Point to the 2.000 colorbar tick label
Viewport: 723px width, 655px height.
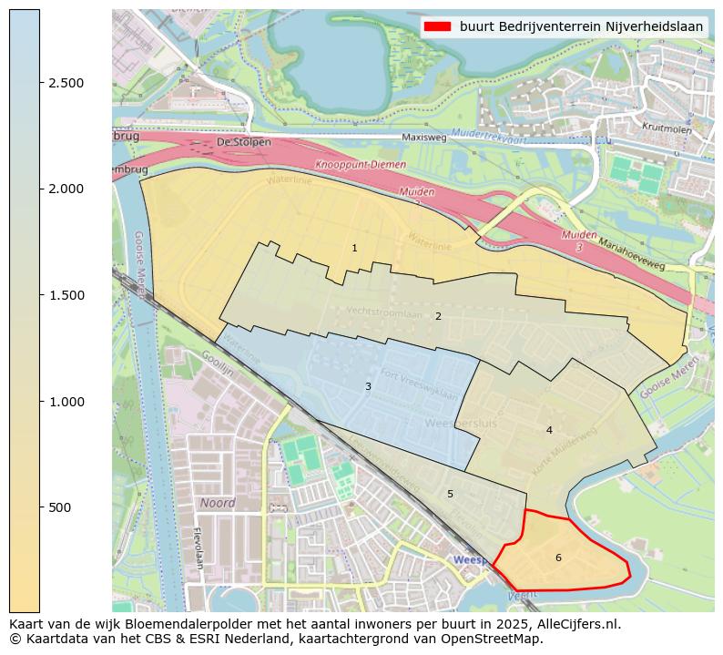(x=66, y=189)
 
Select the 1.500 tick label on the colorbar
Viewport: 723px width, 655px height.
(x=66, y=295)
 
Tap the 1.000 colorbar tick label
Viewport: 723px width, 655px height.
(x=66, y=402)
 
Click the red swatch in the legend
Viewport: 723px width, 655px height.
(x=438, y=26)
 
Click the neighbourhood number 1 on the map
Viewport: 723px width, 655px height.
(x=354, y=248)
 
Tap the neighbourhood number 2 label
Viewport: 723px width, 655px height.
(x=438, y=316)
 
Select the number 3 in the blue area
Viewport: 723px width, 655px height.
(x=368, y=386)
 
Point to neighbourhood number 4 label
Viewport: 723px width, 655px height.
(x=549, y=430)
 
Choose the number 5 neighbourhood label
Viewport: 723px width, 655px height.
(x=450, y=494)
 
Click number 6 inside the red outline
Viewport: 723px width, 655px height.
(x=558, y=558)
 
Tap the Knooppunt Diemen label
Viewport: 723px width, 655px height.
(x=351, y=166)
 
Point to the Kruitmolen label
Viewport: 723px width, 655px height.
(x=667, y=128)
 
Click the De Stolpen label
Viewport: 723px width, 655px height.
(x=245, y=142)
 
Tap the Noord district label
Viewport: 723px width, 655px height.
(x=217, y=503)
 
